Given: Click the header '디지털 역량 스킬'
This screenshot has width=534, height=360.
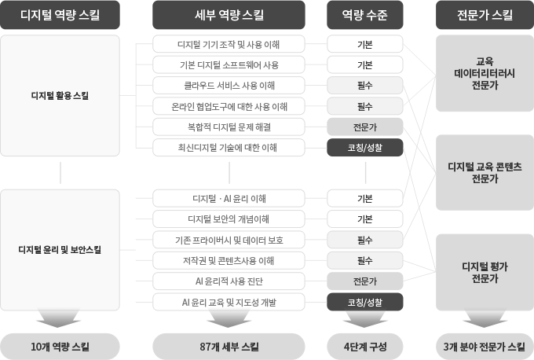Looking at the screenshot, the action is pos(60,15).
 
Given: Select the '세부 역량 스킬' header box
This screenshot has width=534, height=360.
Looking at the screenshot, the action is pos(229,15).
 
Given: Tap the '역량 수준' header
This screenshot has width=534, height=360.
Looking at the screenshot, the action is pos(364,15).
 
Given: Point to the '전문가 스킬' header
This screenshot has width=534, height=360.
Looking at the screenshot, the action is pos(485,15).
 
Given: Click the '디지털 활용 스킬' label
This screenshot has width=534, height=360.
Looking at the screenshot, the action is pos(60,95).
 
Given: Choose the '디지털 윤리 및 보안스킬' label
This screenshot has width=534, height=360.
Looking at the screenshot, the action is pos(60,250).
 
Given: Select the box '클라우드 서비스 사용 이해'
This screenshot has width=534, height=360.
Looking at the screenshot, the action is pos(229,85).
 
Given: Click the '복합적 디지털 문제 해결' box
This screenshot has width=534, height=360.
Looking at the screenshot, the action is pos(229,127).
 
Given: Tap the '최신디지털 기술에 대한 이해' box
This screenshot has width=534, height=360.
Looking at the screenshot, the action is pos(229,147).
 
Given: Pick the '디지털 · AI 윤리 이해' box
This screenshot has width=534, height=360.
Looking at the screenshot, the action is pos(229,198).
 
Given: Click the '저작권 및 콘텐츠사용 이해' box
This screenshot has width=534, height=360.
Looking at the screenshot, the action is pos(229,260).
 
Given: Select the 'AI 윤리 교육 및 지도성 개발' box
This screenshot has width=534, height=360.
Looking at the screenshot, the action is pos(229,302).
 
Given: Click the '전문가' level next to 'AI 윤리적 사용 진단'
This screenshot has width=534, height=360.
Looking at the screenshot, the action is pos(364,281).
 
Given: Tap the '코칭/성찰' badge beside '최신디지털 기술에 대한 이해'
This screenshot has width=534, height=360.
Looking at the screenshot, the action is pos(364,147).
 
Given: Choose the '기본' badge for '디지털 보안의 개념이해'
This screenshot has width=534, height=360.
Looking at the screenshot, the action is pos(364,219).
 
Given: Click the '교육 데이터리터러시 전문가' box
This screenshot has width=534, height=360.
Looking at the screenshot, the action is pos(485,73).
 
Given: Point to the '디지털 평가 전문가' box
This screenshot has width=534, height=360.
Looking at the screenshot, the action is pos(485,272).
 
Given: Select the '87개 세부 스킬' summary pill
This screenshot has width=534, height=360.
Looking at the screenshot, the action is pos(229,347).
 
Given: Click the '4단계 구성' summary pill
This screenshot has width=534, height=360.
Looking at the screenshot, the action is pos(364,347).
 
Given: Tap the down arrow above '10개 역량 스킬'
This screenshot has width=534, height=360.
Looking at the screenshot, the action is pos(59,318).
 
